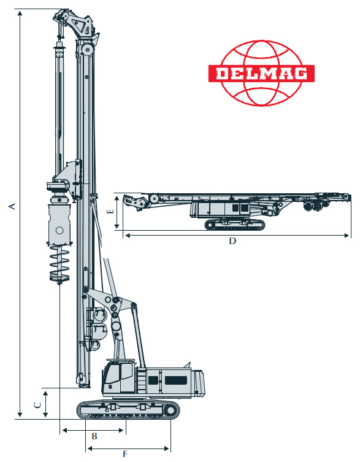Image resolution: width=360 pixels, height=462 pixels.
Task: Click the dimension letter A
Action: pos(12,206)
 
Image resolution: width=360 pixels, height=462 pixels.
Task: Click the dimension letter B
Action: pos(94,436)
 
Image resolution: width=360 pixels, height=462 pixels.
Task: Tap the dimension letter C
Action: pos(37,405)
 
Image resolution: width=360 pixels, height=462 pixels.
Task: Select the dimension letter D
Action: pos(232,241)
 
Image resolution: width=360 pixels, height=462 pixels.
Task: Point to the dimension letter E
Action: pos(110,211)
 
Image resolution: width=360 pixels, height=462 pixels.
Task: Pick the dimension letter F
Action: pos(125,454)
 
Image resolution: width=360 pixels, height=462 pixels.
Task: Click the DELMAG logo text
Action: pos(262,74)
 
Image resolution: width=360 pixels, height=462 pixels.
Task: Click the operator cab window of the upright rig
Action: pos(127,371)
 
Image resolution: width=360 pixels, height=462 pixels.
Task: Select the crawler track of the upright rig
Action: pos(128,410)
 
